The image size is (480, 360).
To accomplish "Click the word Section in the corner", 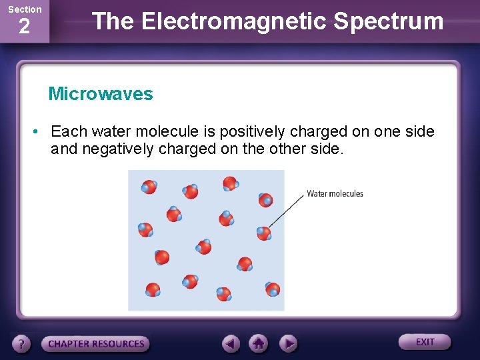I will [x=25, y=9].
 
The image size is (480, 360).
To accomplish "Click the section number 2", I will [x=24, y=27].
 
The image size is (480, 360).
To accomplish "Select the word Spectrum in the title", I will [x=389, y=21].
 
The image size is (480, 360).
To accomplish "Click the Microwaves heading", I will [x=101, y=94].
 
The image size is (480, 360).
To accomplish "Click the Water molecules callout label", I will [x=335, y=194].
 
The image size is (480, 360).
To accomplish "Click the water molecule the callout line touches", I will [x=264, y=233].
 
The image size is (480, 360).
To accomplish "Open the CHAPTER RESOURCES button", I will [x=96, y=344].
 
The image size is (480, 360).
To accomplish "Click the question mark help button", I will [x=21, y=344].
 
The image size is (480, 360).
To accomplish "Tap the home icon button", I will [x=258, y=343].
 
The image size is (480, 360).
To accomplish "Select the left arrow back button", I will [x=231, y=343].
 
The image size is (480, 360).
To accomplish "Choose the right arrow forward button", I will [x=287, y=343].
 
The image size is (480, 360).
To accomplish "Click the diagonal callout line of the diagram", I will [x=287, y=212].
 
